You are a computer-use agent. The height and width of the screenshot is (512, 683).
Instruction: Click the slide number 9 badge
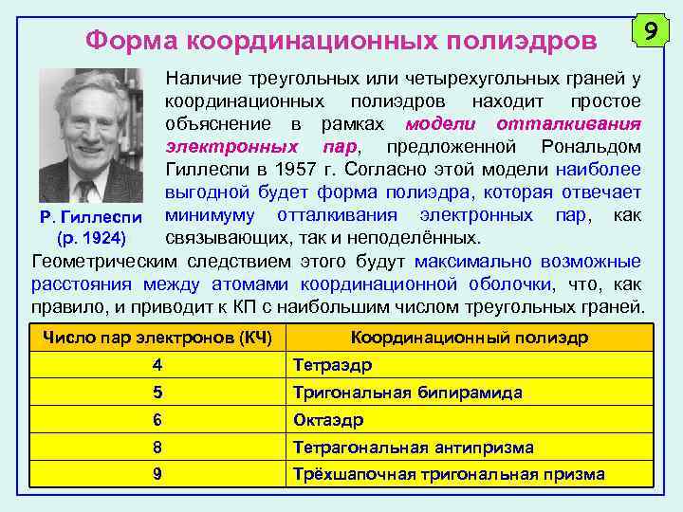coord(650,32)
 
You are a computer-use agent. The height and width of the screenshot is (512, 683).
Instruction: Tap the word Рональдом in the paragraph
coord(591,147)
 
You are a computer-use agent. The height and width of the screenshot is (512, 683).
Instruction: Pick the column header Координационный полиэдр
coord(469,338)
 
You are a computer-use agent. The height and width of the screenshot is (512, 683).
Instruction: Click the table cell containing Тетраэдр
coord(332,365)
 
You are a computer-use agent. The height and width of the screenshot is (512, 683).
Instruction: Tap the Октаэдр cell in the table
coord(329,420)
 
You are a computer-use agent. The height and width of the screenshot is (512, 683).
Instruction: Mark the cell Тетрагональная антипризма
coord(414,447)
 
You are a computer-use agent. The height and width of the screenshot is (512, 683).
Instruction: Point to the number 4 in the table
coord(157,365)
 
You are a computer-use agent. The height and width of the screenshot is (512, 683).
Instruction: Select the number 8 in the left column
coord(157,447)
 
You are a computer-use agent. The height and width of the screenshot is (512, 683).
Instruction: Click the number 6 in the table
coord(157,420)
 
